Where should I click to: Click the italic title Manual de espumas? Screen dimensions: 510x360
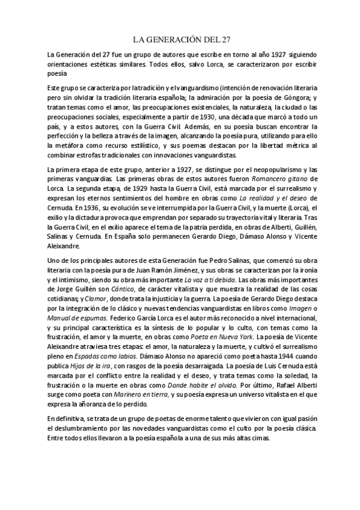coord(76,314)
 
